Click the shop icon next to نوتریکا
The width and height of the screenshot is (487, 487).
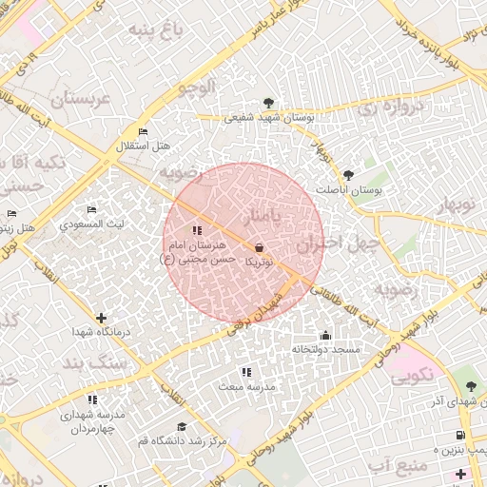pyautogui.click(x=260, y=246)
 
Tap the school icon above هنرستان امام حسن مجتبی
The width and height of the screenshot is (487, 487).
pyautogui.click(x=197, y=230)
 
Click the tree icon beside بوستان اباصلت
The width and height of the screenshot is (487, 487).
pyautogui.click(x=348, y=175)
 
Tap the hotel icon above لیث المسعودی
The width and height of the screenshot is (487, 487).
pyautogui.click(x=91, y=209)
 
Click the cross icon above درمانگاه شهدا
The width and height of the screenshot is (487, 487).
pyautogui.click(x=102, y=318)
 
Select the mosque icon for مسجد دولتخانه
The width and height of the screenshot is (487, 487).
pyautogui.click(x=326, y=335)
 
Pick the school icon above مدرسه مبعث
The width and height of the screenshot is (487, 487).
pyautogui.click(x=246, y=372)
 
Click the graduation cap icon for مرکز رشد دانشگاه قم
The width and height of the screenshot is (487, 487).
pyautogui.click(x=182, y=426)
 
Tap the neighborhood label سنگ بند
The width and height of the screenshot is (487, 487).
pyautogui.click(x=95, y=363)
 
